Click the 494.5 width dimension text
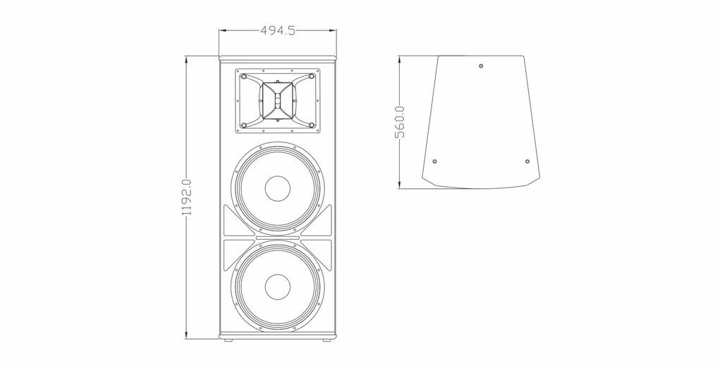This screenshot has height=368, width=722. tap(278, 30)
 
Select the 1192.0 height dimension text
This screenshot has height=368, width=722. tap(186, 197)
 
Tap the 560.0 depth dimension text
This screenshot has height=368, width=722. tap(400, 122)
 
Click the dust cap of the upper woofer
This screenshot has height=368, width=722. tap(278, 188)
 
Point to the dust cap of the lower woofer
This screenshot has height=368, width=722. tap(278, 286)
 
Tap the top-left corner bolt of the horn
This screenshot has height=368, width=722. tap(244, 76)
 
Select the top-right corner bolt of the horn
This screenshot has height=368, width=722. tap(311, 76)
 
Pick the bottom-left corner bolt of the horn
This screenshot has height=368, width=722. tap(244, 125)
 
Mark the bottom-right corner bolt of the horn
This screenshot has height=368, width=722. tap(311, 125)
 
